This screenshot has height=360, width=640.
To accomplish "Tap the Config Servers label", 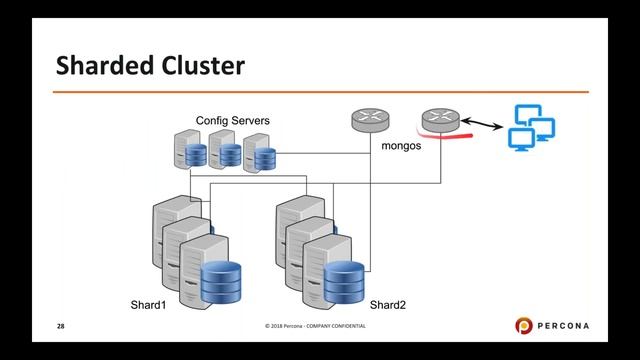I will (x=232, y=121).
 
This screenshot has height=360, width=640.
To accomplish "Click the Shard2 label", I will (x=389, y=304).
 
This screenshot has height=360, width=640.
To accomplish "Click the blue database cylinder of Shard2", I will (x=344, y=281).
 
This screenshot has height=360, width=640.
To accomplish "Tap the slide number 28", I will (x=60, y=327).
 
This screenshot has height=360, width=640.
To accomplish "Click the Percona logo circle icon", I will (x=525, y=327).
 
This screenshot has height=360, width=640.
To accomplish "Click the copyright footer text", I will (x=315, y=328).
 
